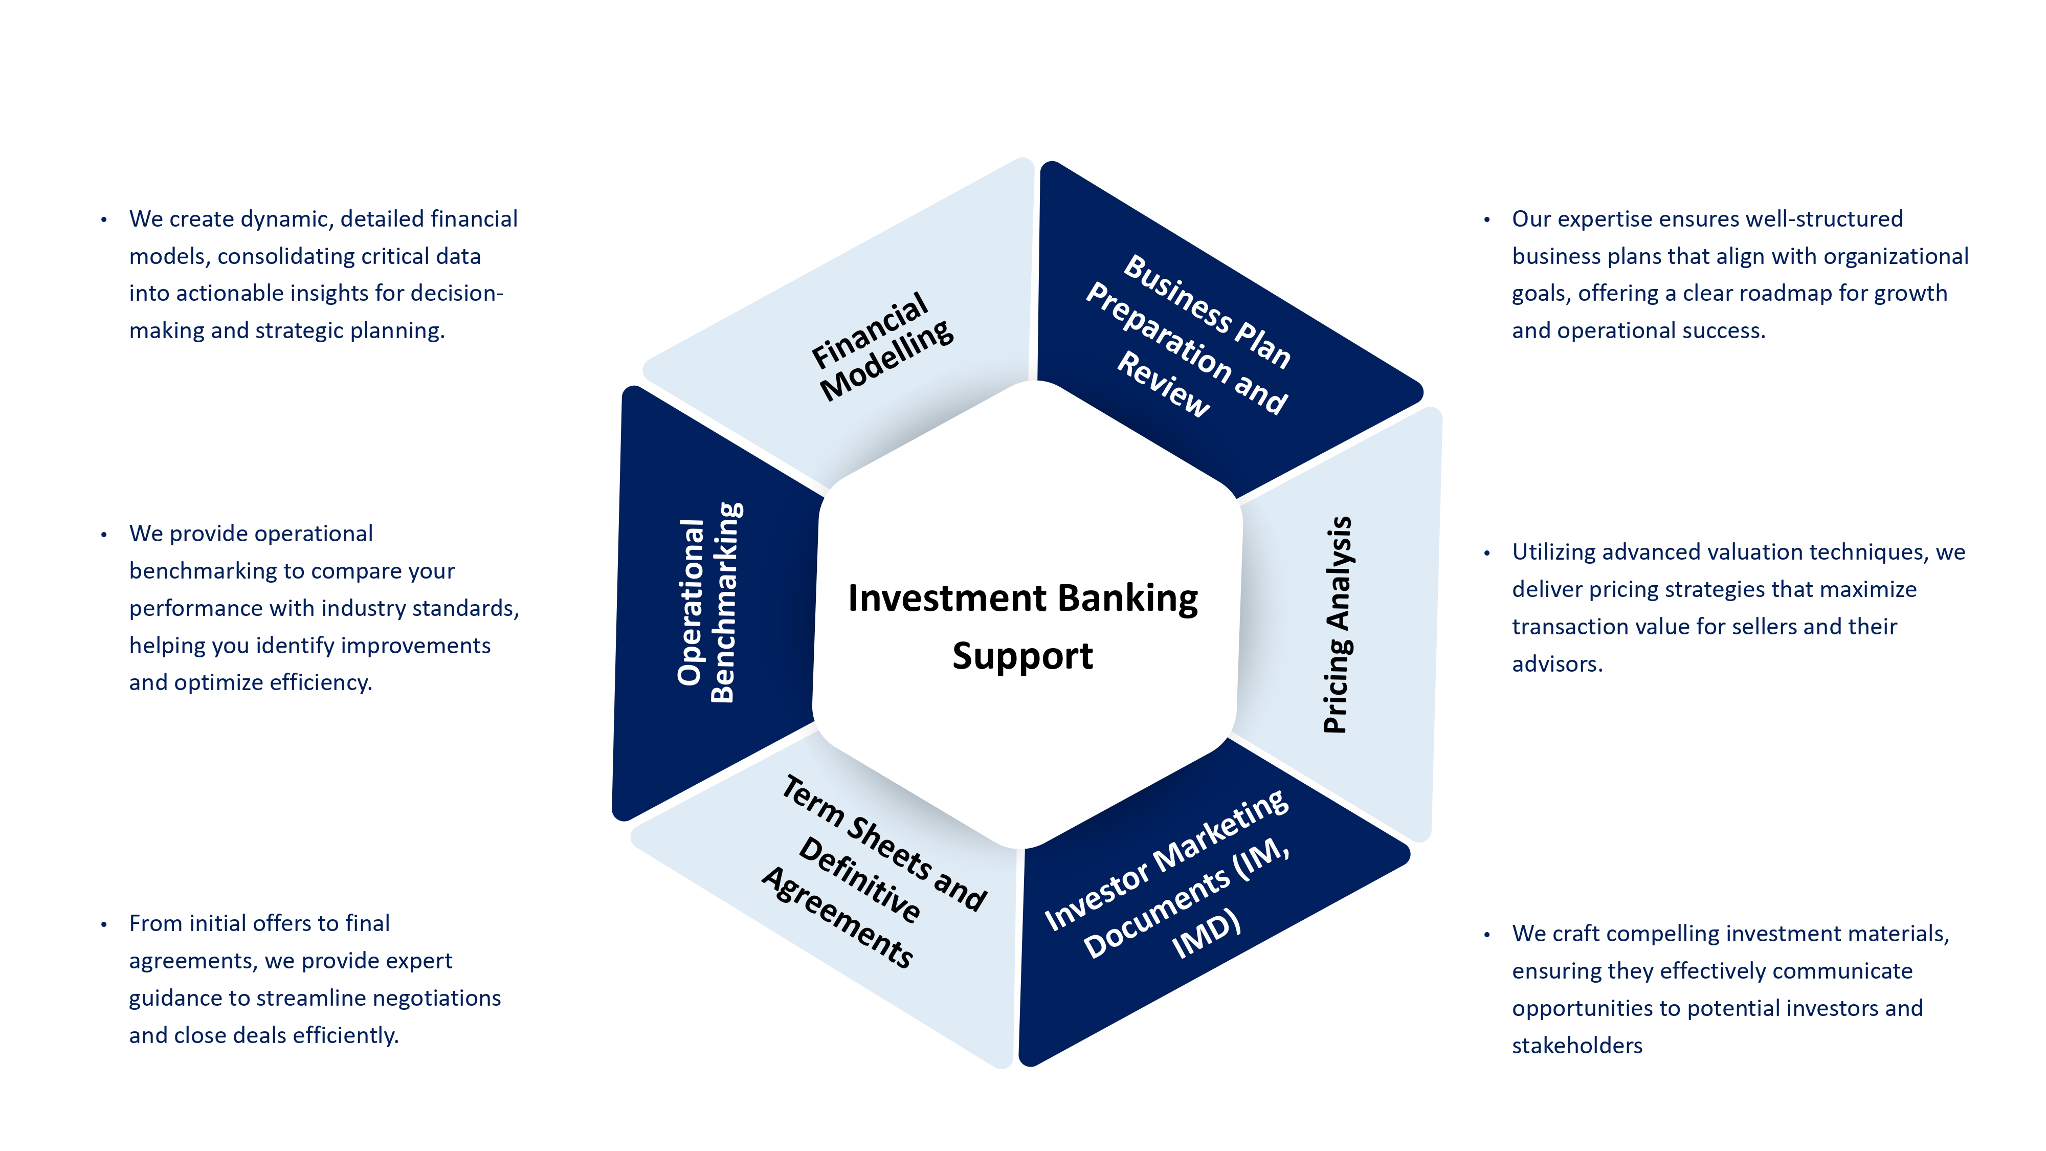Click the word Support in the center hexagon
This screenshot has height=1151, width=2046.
tap(1022, 656)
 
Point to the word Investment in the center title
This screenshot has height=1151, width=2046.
tap(947, 598)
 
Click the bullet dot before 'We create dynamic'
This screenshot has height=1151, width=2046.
tap(104, 220)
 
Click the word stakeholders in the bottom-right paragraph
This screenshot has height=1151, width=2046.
tap(1576, 1045)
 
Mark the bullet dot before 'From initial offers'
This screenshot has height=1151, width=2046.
tap(104, 924)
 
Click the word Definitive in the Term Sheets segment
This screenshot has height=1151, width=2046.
tap(860, 879)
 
